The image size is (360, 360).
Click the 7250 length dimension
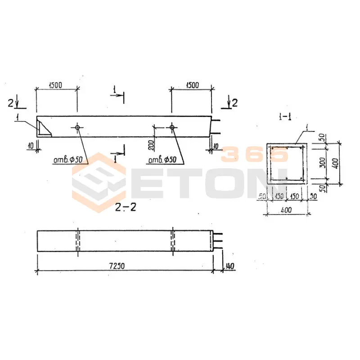coord(117,266)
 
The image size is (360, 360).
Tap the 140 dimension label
coord(229,266)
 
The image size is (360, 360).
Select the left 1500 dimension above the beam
coord(55,85)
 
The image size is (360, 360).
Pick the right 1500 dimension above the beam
coord(192,85)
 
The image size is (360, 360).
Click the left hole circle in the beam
coord(77,127)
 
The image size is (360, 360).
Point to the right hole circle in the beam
coord(172,127)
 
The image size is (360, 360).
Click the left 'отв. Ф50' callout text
coord(68,160)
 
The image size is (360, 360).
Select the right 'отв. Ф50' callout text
coord(162,160)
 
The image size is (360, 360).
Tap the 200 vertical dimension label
coord(151,145)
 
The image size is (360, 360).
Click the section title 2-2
coord(126,207)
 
